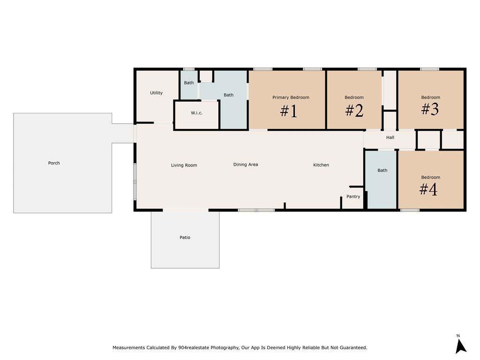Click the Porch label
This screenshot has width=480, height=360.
click(x=54, y=163)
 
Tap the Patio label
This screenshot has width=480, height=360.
click(x=185, y=237)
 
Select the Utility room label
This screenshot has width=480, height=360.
click(x=156, y=93)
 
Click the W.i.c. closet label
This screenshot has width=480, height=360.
click(x=196, y=113)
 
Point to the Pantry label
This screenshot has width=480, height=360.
click(x=353, y=196)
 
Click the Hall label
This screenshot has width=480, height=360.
click(x=390, y=137)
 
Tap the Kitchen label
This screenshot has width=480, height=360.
click(x=321, y=165)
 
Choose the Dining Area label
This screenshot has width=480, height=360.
click(x=246, y=165)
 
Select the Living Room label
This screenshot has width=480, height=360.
click(x=184, y=165)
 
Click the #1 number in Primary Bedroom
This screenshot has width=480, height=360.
click(x=289, y=111)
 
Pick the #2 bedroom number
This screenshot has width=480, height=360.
click(x=354, y=111)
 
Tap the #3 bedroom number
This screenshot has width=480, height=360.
click(x=430, y=109)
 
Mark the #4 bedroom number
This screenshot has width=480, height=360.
click(x=428, y=189)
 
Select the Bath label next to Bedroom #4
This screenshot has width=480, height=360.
click(x=382, y=170)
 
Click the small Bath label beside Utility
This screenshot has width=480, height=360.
click(x=189, y=82)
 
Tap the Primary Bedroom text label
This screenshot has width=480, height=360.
click(x=291, y=97)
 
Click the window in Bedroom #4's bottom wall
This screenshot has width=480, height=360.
click(x=410, y=210)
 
